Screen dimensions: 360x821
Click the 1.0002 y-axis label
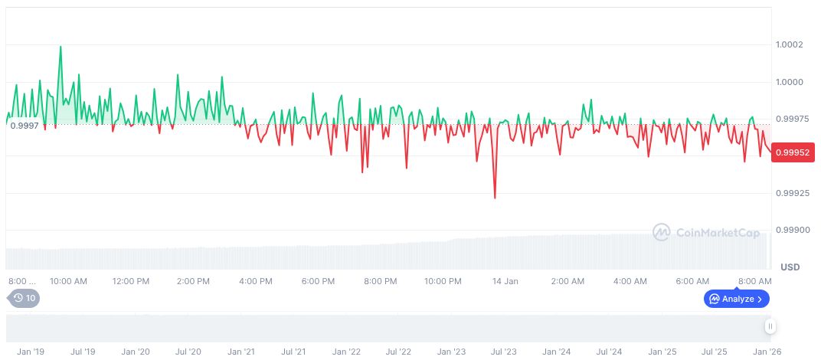(789, 44)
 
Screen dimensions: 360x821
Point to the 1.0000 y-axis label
(789, 82)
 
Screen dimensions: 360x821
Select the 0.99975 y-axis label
(790, 119)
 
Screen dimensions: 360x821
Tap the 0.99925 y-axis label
(790, 193)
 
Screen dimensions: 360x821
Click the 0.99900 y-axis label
(790, 230)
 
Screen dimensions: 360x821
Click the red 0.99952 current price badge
(793, 152)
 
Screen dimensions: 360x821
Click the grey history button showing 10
(24, 298)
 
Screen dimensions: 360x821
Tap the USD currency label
(790, 267)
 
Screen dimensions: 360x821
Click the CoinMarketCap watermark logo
(705, 231)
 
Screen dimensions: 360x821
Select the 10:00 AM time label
(68, 281)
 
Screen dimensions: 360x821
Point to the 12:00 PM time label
(131, 281)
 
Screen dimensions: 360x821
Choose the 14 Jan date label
(505, 281)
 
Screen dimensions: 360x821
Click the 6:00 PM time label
(318, 281)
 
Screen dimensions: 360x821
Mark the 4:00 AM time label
(631, 281)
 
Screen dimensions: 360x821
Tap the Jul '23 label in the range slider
(503, 352)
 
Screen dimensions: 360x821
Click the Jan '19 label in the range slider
(30, 352)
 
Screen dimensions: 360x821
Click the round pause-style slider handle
(770, 326)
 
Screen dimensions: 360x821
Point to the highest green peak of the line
(61, 46)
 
